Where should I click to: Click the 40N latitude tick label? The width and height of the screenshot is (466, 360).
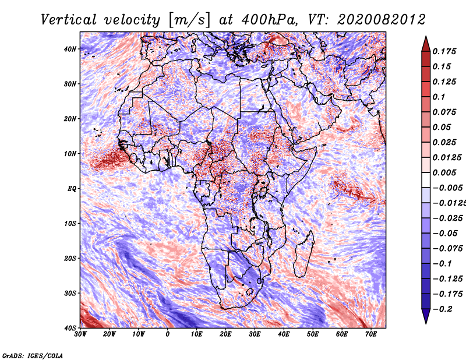pyautogui.click(x=70, y=49)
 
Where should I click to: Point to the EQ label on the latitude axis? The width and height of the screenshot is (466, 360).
pyautogui.click(x=72, y=189)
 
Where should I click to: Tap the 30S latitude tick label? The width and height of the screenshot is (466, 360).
pyautogui.click(x=70, y=294)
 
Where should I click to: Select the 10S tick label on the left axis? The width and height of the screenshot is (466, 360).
pyautogui.click(x=70, y=224)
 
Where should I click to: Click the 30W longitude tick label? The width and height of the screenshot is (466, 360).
pyautogui.click(x=80, y=334)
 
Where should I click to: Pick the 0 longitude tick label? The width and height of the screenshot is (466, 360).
pyautogui.click(x=168, y=334)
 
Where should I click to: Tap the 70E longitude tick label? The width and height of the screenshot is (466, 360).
pyautogui.click(x=371, y=334)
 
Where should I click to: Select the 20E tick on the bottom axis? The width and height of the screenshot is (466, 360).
pyautogui.click(x=225, y=334)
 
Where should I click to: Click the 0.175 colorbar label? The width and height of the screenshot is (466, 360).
pyautogui.click(x=444, y=51)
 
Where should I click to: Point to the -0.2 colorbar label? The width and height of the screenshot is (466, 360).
pyautogui.click(x=443, y=309)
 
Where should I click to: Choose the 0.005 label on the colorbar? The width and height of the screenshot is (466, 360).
pyautogui.click(x=444, y=172)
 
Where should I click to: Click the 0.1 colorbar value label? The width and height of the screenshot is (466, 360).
pyautogui.click(x=439, y=97)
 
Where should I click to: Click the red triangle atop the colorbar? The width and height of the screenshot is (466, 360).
pyautogui.click(x=426, y=44)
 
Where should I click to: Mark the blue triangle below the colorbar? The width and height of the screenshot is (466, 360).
pyautogui.click(x=426, y=316)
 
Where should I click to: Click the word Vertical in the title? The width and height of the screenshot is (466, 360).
pyautogui.click(x=69, y=20)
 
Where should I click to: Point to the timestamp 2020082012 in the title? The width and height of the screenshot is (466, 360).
pyautogui.click(x=382, y=20)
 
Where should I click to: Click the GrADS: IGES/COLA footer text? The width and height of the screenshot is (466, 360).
pyautogui.click(x=33, y=356)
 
